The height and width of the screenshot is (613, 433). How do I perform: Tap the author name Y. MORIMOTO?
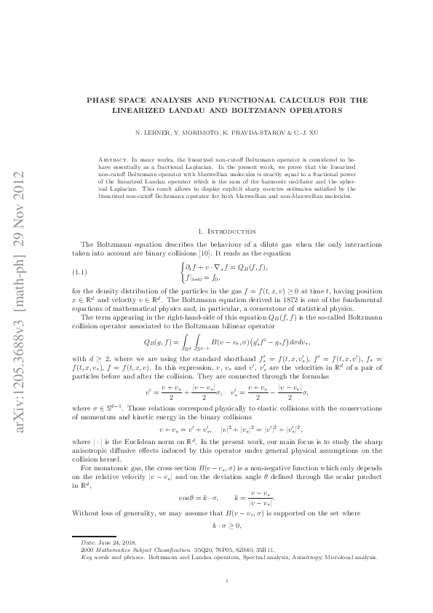coord(184,134)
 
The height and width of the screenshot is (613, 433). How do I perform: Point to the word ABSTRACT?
coord(114,158)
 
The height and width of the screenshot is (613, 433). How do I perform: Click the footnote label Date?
coord(88,543)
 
